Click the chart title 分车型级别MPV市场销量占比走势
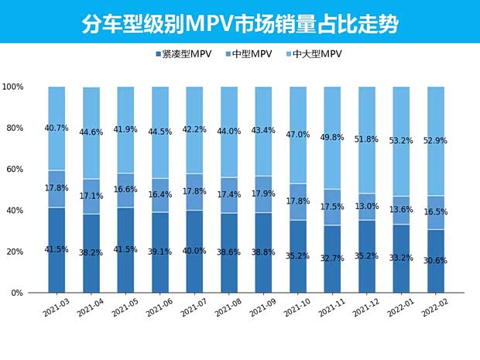[x=240, y=24]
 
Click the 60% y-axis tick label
[x=18, y=170]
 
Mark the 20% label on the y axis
[x=18, y=252]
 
